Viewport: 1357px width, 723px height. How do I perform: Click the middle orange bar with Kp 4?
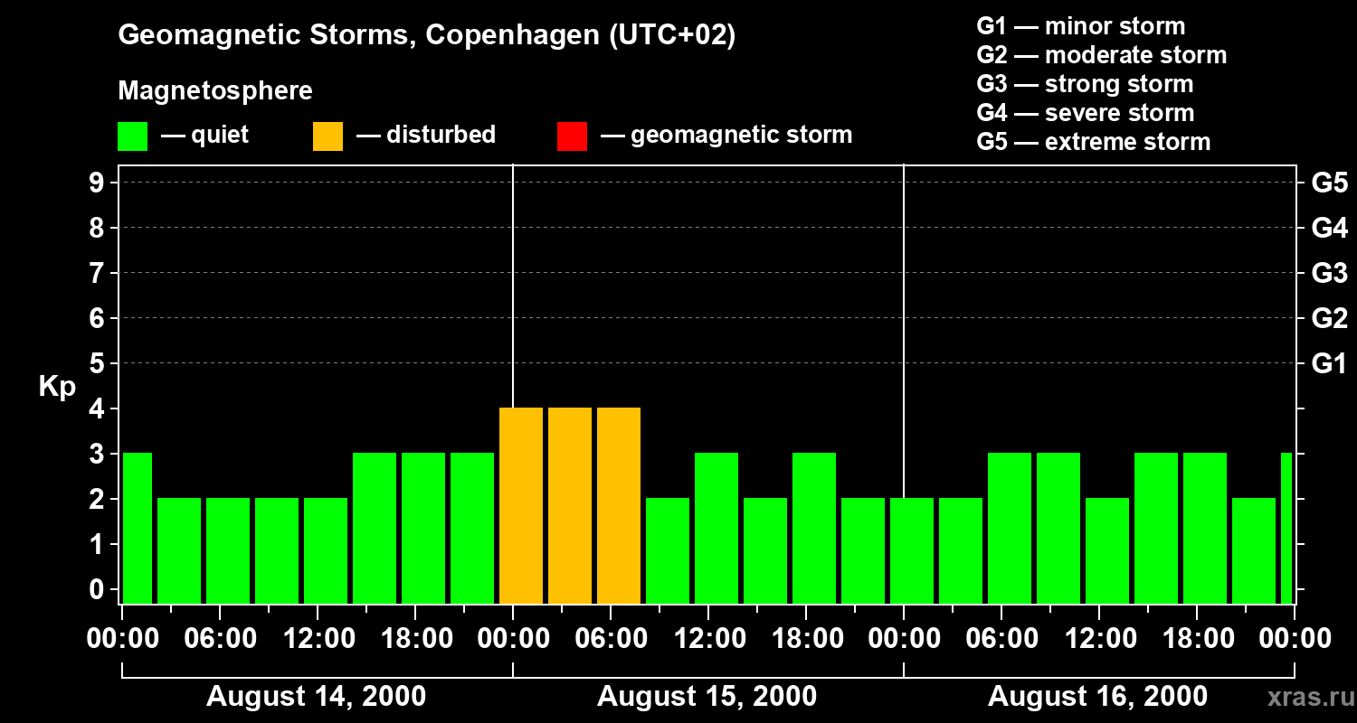(x=570, y=505)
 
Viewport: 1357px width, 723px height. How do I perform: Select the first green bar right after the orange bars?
(x=668, y=550)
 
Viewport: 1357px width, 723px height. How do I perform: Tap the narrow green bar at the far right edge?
(x=1286, y=528)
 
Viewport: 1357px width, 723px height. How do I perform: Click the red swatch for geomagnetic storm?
(x=572, y=136)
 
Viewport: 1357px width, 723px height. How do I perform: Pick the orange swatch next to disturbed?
(x=327, y=136)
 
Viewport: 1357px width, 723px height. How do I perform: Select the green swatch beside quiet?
(x=132, y=136)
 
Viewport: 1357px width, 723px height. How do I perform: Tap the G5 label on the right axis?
(x=1329, y=183)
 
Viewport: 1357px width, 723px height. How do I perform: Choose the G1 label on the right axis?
(x=1329, y=364)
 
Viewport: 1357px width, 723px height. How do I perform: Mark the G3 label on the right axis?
(x=1329, y=274)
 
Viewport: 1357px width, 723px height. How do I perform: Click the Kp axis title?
(x=57, y=387)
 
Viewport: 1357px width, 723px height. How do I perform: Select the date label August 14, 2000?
(x=317, y=697)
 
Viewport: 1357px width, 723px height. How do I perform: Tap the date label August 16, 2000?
(x=1097, y=697)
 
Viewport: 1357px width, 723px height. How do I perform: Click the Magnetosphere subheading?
(x=215, y=91)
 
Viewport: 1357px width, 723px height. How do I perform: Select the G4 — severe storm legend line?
(x=1085, y=113)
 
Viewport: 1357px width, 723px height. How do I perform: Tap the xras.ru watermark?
(x=1305, y=698)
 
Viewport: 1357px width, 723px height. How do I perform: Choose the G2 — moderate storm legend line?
(x=1101, y=55)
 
